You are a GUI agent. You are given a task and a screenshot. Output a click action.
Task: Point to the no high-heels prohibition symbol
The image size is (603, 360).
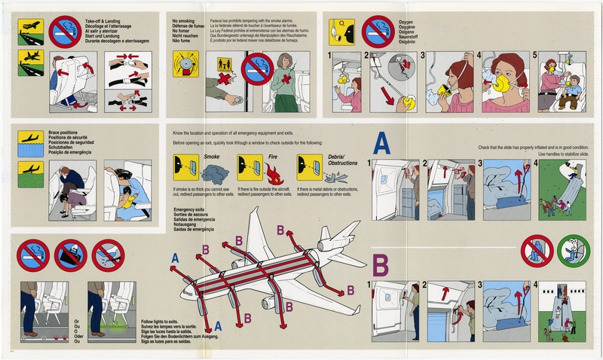[x=108, y=255]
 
